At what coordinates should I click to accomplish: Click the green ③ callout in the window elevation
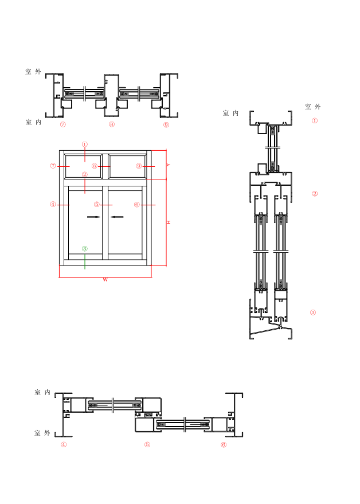[x=85, y=249]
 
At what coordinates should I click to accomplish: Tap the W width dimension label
[x=105, y=280]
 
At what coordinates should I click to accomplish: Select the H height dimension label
[x=169, y=222]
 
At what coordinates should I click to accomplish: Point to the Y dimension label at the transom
[x=169, y=165]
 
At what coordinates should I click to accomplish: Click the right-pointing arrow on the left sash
[x=93, y=217]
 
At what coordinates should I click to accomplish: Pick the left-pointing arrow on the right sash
[x=117, y=217]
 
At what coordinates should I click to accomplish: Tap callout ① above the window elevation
[x=85, y=144]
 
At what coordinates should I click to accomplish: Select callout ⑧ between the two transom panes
[x=95, y=166]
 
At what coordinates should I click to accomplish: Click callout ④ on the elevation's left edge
[x=53, y=204]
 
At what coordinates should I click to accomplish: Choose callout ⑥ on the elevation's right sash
[x=137, y=204]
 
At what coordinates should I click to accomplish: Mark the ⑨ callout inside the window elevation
[x=139, y=166]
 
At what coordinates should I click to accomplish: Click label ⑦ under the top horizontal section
[x=63, y=124]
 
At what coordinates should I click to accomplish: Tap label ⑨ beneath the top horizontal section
[x=166, y=124]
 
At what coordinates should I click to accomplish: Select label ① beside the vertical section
[x=314, y=121]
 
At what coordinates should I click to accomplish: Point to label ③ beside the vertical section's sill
[x=313, y=312]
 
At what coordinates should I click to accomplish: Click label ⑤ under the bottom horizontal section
[x=147, y=444]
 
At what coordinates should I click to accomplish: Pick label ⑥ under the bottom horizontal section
[x=224, y=444]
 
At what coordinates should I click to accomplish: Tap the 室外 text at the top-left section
[x=33, y=72]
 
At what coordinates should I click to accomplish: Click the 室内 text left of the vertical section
[x=231, y=114]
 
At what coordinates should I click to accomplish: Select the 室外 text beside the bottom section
[x=42, y=433]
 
